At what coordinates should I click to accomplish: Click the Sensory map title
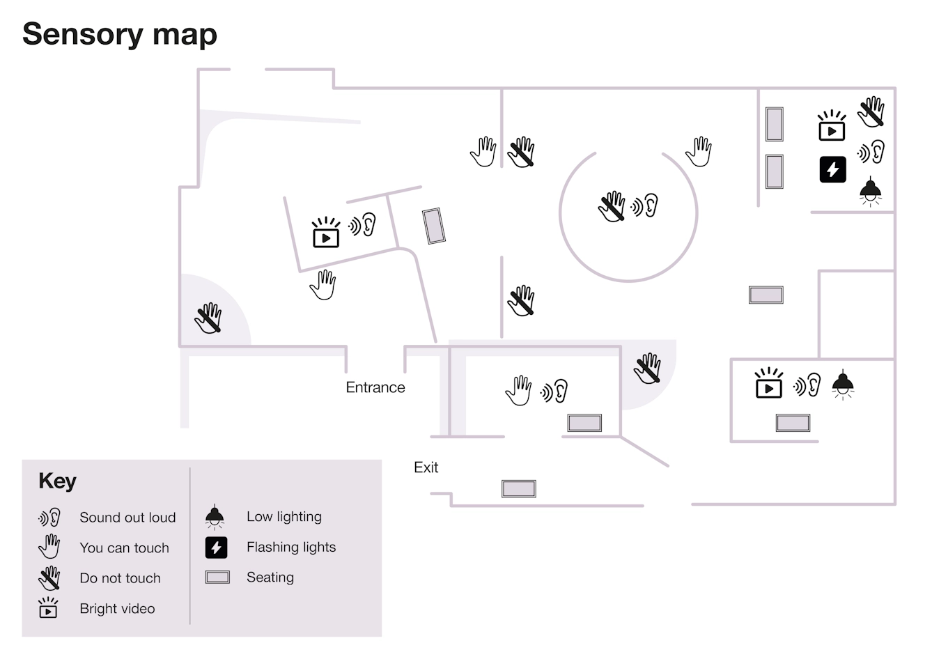120,34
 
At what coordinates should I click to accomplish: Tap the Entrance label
375,387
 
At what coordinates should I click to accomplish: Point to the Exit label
426,467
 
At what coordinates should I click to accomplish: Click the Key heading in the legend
57,481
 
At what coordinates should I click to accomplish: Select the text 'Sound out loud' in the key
127,518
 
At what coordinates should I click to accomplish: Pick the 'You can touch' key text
124,548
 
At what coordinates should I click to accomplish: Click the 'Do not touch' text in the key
120,578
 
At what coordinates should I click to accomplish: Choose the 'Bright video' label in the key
117,609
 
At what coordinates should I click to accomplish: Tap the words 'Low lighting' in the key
284,517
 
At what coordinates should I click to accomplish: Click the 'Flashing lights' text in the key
291,548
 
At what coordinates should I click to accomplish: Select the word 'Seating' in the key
270,577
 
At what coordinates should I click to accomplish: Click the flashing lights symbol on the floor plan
832,169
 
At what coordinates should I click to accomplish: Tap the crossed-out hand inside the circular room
612,207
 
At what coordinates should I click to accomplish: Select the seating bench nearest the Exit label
519,488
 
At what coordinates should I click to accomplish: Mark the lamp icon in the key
215,516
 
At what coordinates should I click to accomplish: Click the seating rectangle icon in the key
217,577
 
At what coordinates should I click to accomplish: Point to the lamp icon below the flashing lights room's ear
869,191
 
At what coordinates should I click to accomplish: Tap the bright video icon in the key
48,608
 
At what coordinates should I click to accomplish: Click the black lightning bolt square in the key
216,548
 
